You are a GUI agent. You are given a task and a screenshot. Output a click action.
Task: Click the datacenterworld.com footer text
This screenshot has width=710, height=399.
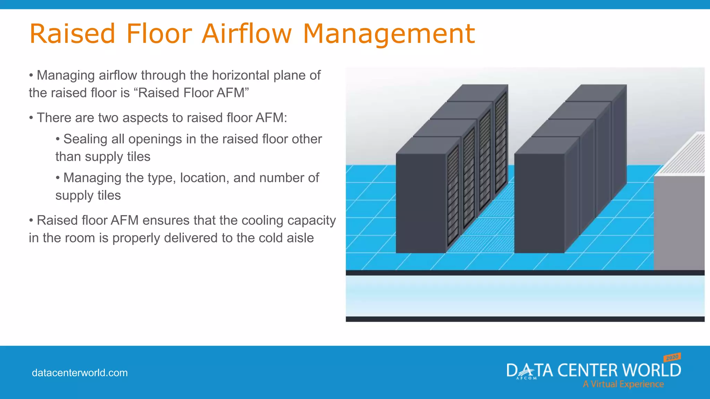(80, 373)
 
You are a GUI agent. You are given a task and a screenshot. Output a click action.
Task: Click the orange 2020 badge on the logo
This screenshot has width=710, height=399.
(672, 357)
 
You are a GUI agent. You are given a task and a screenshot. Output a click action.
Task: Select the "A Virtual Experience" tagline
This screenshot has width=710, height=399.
(623, 384)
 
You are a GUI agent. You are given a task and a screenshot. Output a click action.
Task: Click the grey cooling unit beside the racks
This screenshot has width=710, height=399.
(678, 222)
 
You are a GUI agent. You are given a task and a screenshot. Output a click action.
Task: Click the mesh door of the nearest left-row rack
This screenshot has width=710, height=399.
(453, 196)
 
